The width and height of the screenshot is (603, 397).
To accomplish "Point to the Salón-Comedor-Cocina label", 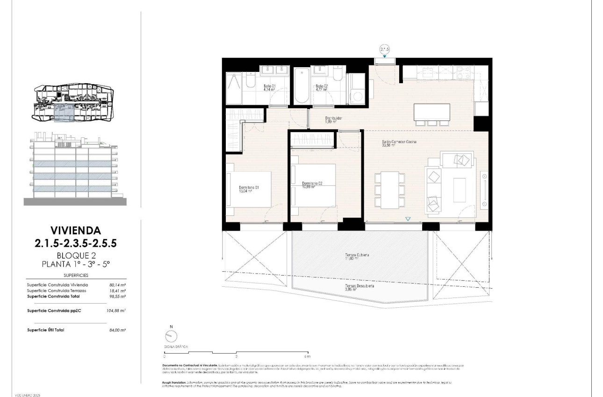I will tap(399, 142).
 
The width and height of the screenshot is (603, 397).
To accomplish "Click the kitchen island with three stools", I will tap(432, 112).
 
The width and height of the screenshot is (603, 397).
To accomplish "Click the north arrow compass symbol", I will tap(172, 336).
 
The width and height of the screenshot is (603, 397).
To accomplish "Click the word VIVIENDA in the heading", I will tap(75, 230).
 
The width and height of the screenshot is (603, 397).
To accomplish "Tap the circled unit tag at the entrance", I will tap(385, 49).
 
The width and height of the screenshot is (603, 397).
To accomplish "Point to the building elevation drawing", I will tap(75, 169).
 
